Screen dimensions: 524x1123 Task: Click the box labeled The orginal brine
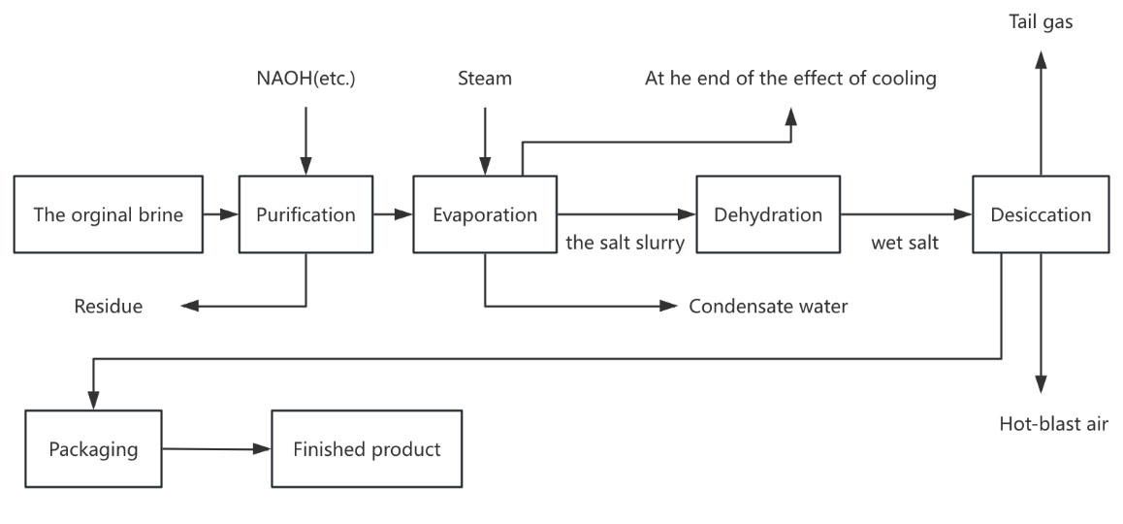pos(108,214)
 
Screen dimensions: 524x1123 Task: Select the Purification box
pos(305,214)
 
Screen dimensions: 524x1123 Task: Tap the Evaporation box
pos(485,214)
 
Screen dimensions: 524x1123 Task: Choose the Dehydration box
pos(768,214)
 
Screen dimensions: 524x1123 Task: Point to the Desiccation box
pos(1041,214)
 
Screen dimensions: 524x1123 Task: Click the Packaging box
pos(93,449)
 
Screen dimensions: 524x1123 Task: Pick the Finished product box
pos(368,449)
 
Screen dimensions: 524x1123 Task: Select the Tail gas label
pos(1041,22)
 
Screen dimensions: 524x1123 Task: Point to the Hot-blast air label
pos(1053,423)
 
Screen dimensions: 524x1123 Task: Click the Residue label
pos(108,307)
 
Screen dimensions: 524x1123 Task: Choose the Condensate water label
pos(768,307)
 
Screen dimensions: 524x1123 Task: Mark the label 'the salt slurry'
pos(625,244)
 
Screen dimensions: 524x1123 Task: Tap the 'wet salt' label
pos(904,244)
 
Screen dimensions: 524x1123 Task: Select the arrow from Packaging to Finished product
pos(215,449)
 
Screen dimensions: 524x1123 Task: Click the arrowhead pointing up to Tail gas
pos(1041,60)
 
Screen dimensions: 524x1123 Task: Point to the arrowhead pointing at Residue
pos(190,307)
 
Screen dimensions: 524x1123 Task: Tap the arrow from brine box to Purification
pos(220,214)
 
